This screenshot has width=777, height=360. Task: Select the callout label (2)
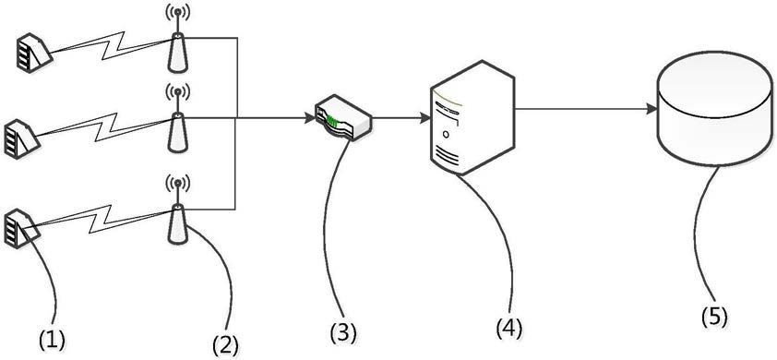[225, 344]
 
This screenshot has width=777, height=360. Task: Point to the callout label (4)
[508, 328]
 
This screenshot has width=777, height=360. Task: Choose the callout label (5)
[714, 317]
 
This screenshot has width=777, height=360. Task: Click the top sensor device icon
[31, 53]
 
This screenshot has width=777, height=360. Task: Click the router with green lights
[343, 119]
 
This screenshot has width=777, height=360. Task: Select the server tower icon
[472, 117]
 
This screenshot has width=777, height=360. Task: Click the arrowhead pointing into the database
[651, 109]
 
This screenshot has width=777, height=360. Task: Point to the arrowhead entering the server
[424, 118]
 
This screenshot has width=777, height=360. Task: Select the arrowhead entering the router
[309, 118]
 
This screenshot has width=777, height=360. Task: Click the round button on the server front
[447, 134]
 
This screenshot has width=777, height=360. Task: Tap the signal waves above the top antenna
[178, 13]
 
